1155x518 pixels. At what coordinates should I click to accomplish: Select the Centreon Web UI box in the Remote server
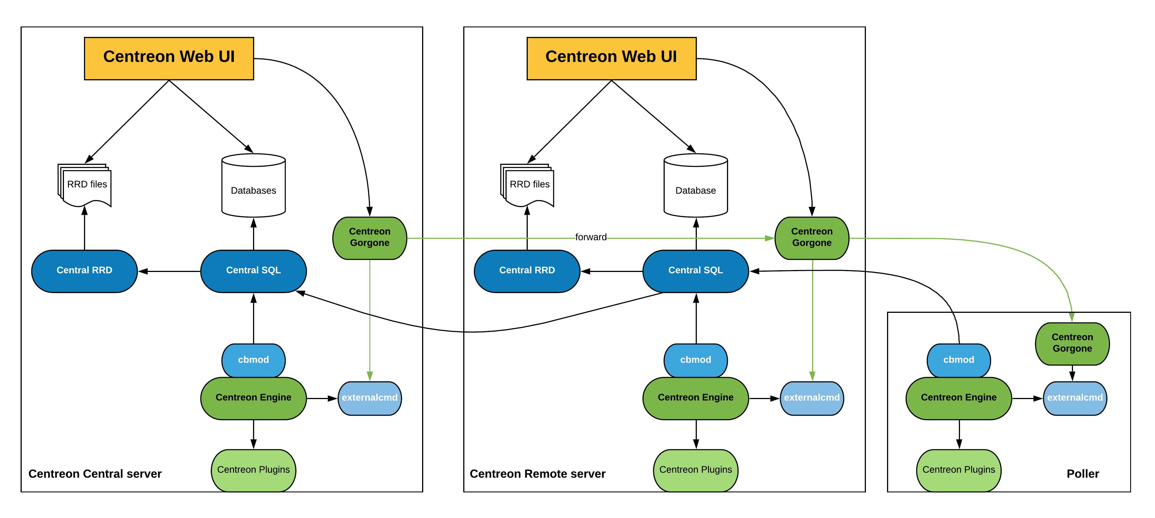[611, 58]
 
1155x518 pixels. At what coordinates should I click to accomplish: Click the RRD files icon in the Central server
[85, 185]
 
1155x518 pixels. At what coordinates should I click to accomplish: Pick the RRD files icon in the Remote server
[528, 185]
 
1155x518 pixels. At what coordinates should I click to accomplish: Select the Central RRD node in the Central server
[84, 271]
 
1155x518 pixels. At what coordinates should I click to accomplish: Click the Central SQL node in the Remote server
[695, 271]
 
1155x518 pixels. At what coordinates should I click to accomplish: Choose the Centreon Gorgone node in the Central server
[369, 238]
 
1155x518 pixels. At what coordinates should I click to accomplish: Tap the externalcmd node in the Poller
[1075, 398]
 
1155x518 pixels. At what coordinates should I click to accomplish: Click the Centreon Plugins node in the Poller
[959, 470]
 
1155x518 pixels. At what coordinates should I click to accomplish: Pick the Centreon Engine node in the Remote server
[695, 398]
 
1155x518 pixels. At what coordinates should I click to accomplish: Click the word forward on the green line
[591, 237]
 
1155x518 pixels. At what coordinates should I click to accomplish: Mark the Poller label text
[1082, 474]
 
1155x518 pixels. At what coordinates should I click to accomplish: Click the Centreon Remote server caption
[537, 474]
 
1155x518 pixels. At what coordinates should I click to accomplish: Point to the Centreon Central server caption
[95, 474]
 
